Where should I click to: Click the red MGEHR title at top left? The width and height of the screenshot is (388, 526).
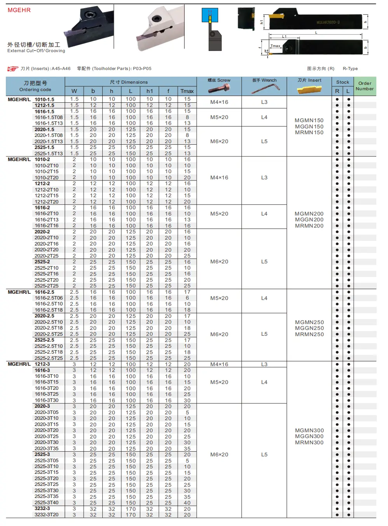19,10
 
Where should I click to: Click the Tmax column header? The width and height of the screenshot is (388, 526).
187,91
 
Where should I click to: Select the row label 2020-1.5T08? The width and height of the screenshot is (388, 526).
49,135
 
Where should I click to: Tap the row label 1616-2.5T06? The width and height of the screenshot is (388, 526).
49,298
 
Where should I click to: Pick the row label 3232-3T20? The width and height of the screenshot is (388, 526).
47,515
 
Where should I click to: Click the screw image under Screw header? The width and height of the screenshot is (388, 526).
219,89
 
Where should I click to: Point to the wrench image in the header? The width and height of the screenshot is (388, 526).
265,89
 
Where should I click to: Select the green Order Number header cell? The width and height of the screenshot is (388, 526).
365,86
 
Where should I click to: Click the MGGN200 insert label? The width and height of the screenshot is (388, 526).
309,220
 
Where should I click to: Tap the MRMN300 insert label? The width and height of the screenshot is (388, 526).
309,443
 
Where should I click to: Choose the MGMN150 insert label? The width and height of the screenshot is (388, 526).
309,121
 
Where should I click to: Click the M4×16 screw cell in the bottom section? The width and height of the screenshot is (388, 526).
219,365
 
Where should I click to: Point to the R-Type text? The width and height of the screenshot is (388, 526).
350,69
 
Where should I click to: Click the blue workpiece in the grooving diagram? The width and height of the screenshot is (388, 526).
210,15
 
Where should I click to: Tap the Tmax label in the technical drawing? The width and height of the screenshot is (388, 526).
275,46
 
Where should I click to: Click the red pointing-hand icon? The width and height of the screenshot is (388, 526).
13,69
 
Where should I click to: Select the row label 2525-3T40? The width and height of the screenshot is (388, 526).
47,503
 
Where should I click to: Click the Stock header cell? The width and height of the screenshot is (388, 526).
343,82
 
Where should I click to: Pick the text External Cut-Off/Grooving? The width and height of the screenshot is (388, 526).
36,51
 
